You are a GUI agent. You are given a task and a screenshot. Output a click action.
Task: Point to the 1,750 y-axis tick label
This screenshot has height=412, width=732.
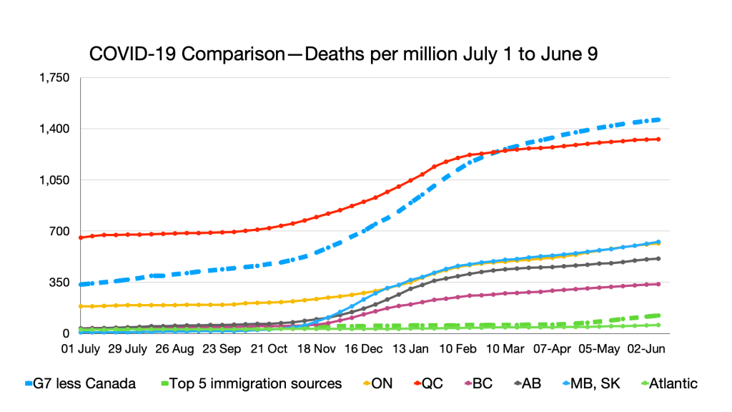pyautogui.click(x=54, y=78)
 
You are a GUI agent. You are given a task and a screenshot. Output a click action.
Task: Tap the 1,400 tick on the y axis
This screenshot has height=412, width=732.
pyautogui.click(x=54, y=129)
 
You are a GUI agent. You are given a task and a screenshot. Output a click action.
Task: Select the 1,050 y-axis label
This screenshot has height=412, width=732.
pyautogui.click(x=54, y=180)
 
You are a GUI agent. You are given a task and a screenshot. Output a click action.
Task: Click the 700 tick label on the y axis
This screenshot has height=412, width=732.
pyautogui.click(x=59, y=232)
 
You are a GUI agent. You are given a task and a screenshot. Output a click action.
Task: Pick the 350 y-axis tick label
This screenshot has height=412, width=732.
pyautogui.click(x=59, y=283)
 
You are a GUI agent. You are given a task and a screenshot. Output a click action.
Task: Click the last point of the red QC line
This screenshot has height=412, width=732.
pyautogui.click(x=658, y=139)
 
